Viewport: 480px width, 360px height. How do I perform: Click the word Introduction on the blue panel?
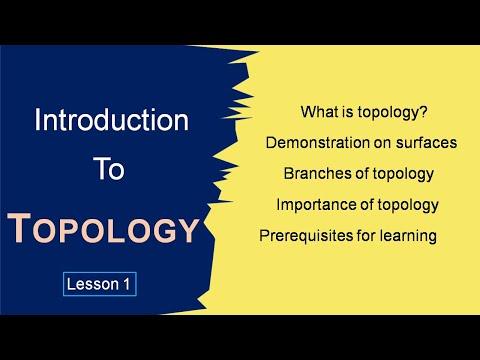click(112, 122)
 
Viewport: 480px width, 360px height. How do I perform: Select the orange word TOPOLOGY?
click(104, 229)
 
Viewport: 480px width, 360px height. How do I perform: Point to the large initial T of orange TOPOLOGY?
click(21, 229)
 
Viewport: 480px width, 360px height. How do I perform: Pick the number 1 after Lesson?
click(127, 284)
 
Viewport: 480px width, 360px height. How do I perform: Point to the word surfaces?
click(424, 142)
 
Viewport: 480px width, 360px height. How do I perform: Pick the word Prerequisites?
click(306, 237)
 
